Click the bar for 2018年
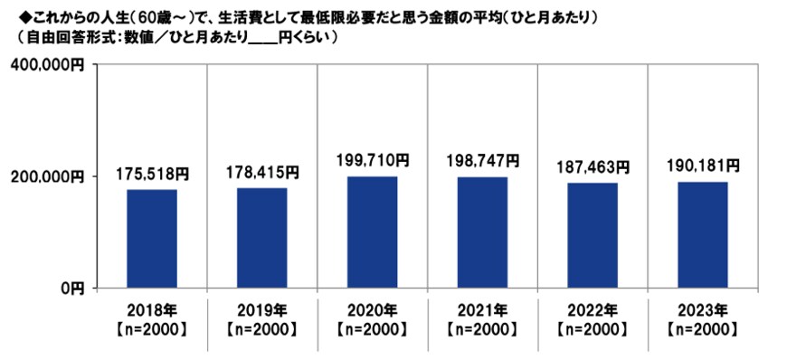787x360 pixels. [x=152, y=238]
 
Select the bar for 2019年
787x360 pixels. [x=262, y=237]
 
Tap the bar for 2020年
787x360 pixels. [x=373, y=232]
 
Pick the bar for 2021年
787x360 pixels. [x=482, y=232]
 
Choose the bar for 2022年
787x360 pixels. [x=593, y=235]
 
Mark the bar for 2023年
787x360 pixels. [x=703, y=234]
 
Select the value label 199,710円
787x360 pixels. [x=373, y=160]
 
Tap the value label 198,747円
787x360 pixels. [x=482, y=161]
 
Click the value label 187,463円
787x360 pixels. [x=593, y=167]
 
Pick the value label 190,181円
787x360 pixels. [x=703, y=166]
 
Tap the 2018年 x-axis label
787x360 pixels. [x=152, y=308]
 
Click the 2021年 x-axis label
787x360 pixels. [x=482, y=308]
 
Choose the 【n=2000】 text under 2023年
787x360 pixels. [x=703, y=328]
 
